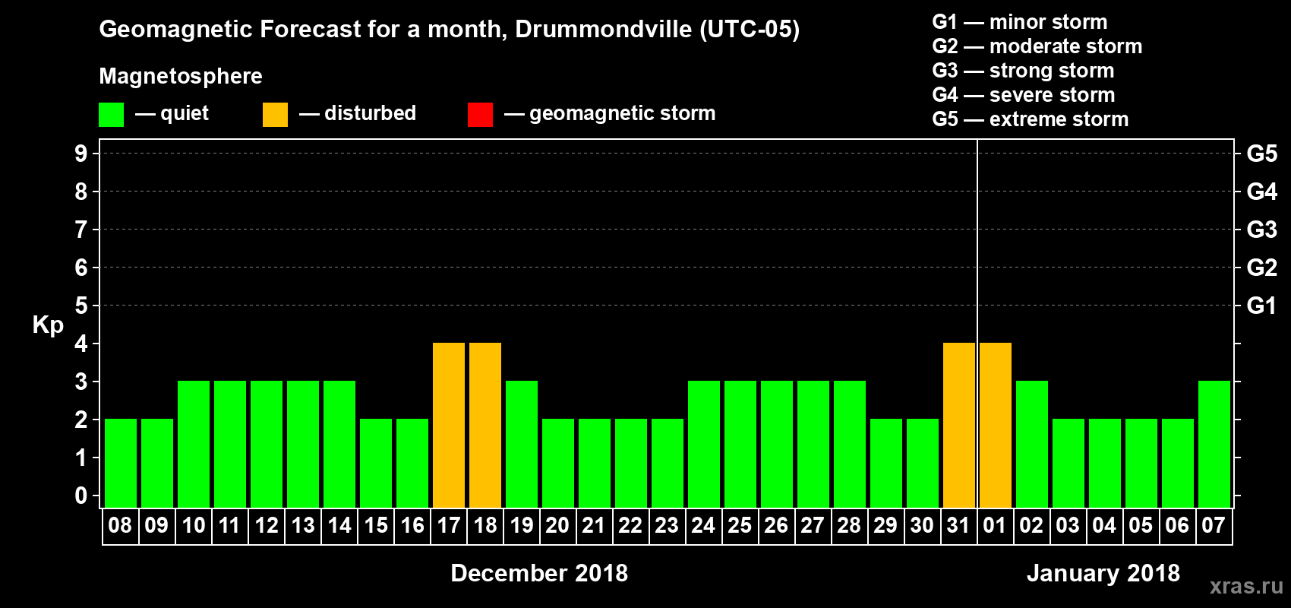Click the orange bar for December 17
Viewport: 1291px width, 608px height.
pos(449,425)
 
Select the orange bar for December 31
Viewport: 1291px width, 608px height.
pos(959,425)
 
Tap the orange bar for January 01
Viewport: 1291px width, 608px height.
pos(996,425)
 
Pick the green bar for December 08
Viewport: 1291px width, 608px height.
pos(121,463)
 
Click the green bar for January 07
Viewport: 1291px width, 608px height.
pos(1214,444)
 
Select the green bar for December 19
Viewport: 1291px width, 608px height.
pos(522,444)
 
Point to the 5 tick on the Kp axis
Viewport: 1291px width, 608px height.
pos(81,306)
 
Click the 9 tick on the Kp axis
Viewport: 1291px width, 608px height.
pos(81,154)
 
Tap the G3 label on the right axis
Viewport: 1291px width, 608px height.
pos(1261,230)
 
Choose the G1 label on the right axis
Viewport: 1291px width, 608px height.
pos(1261,306)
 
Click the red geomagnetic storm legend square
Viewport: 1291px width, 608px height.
pos(480,115)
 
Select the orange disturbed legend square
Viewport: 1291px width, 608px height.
pos(275,115)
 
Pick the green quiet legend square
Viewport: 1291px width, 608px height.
pos(111,115)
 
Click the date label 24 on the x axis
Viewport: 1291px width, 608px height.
pos(703,526)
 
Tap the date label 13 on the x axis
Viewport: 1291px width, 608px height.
pos(303,526)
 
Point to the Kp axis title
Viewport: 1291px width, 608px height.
pos(48,325)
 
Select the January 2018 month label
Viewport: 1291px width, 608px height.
pos(1103,573)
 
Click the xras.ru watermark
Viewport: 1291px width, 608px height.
pos(1246,585)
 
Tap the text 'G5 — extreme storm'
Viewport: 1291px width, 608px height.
pos(1030,119)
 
